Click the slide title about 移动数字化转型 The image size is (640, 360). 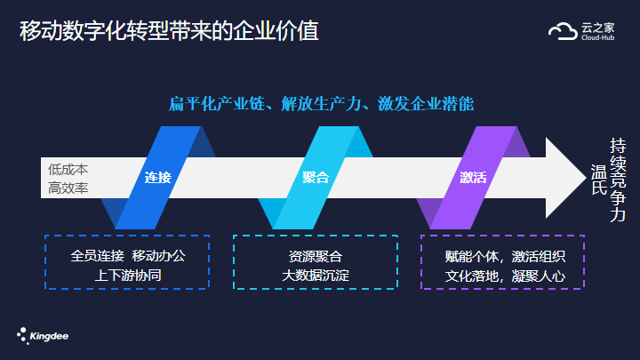coord(169,31)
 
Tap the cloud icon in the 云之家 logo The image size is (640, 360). coord(563,31)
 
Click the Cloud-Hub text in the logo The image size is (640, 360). coord(598,37)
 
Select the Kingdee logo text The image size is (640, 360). coord(49,336)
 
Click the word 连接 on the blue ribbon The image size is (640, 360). coord(158,178)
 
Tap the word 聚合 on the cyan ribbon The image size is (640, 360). coord(316,178)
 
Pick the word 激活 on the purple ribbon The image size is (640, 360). coord(473,178)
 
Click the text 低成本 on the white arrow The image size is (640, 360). coord(68,169)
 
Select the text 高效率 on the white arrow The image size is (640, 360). coord(68,188)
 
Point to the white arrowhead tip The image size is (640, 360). coord(586,178)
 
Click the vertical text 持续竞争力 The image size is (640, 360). coord(618,180)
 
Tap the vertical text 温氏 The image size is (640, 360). coord(599,180)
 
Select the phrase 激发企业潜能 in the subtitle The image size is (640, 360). coord(426,104)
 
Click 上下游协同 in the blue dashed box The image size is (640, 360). coord(128,275)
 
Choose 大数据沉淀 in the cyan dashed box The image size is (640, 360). coord(316,275)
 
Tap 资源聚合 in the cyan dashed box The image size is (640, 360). coord(316,256)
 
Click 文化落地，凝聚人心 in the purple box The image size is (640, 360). coord(505,276)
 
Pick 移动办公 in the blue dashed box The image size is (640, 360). coord(159,256)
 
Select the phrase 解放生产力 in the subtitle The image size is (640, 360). coord(321,104)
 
